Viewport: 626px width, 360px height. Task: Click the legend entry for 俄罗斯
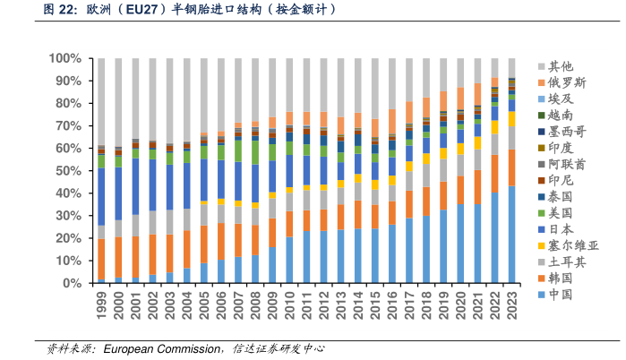tap(567, 82)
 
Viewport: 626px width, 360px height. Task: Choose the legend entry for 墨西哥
tap(567, 131)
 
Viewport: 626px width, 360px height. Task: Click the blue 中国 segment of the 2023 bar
tap(512, 235)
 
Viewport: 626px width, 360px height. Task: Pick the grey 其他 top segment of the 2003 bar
tap(170, 99)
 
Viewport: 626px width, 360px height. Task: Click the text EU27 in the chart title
tap(145, 11)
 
